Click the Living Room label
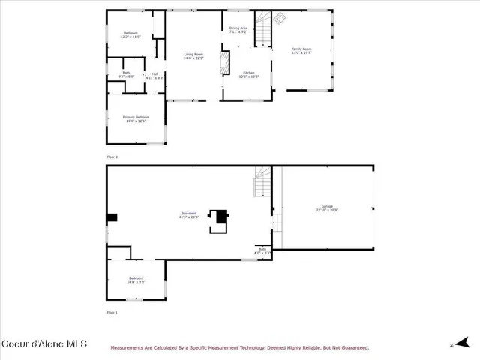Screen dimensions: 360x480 pos(193,55)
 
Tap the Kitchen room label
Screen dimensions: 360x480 pos(249,74)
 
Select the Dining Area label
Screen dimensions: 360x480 pos(238,29)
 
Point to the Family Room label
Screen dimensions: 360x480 pos(301,50)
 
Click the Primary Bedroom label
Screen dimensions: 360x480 pos(136,118)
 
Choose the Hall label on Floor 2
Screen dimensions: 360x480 pos(154,75)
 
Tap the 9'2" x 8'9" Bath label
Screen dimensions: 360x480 pos(126,74)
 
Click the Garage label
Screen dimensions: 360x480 pos(327,208)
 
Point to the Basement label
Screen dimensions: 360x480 pos(189,215)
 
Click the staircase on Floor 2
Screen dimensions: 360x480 pos(262,28)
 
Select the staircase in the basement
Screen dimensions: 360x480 pos(262,183)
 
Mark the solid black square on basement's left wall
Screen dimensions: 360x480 pos(112,218)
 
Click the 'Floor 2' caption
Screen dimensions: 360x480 pos(112,157)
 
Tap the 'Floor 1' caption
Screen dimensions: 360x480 pos(112,312)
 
